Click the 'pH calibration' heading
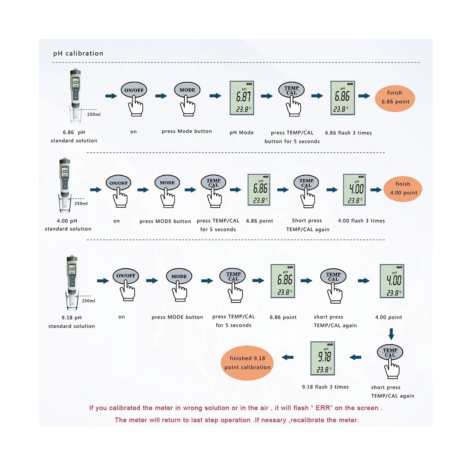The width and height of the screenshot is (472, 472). [x=78, y=53]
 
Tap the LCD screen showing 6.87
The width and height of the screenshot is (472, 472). [x=242, y=98]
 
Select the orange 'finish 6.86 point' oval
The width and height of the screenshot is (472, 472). [x=395, y=97]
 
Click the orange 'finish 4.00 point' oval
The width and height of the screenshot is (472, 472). [x=403, y=188]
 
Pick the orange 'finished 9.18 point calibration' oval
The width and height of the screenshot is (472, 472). [x=247, y=363]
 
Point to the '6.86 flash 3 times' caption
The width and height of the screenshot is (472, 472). [x=348, y=133]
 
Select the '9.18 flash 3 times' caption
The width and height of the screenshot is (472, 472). [x=325, y=387]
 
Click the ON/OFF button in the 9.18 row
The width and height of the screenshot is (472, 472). [x=125, y=276]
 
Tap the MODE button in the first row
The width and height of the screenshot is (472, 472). [x=187, y=90]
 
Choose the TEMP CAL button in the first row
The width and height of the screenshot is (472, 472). [x=291, y=90]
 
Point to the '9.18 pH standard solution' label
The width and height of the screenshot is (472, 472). [x=72, y=322]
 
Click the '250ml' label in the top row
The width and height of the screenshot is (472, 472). [x=94, y=114]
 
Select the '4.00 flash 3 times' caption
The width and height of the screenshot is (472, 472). [x=361, y=221]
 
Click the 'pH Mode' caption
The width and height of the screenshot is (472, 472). [x=242, y=133]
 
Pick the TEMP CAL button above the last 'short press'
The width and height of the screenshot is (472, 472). [x=390, y=352]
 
